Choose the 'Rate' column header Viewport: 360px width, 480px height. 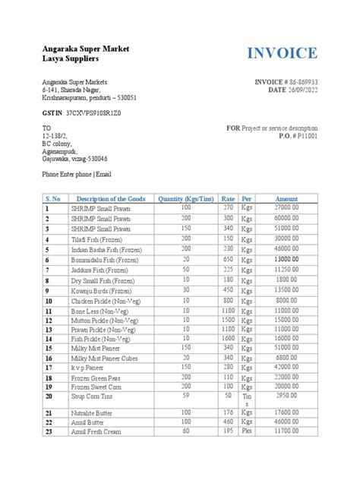point(227,198)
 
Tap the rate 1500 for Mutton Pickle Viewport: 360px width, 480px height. point(227,321)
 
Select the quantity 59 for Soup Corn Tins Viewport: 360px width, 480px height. point(184,394)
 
